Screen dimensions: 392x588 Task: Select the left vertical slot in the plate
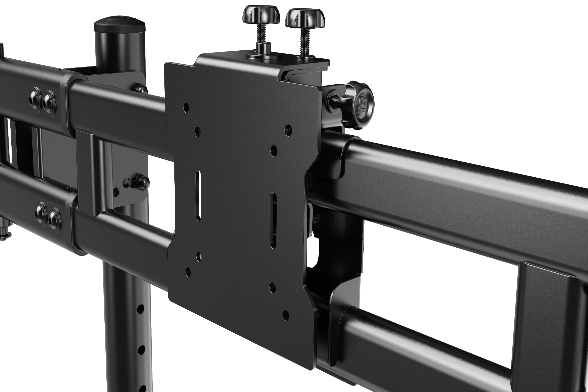click(x=198, y=195)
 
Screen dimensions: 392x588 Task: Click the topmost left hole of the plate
click(x=186, y=107)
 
